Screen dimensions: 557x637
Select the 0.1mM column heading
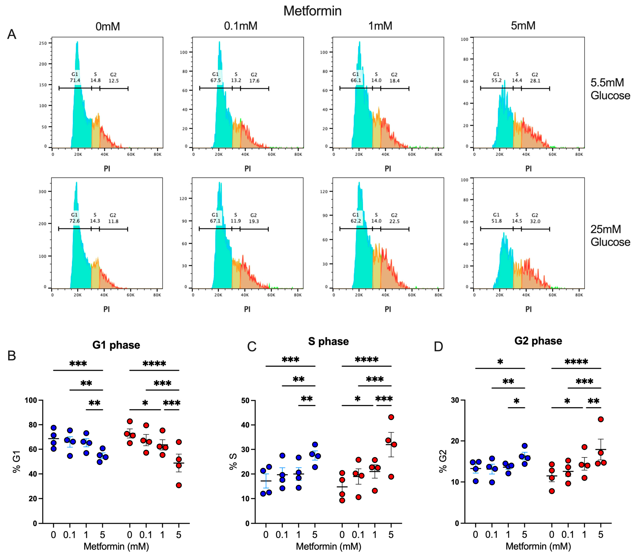[241, 26]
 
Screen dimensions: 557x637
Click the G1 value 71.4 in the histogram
[75, 80]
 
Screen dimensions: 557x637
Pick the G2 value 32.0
[535, 221]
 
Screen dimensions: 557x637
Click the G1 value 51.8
[496, 221]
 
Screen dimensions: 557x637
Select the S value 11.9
[235, 221]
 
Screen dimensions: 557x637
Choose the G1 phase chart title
[116, 345]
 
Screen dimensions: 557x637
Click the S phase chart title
[328, 341]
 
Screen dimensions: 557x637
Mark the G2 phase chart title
[538, 341]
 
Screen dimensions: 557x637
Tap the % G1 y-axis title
[16, 462]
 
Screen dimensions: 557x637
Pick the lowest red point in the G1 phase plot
[179, 485]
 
